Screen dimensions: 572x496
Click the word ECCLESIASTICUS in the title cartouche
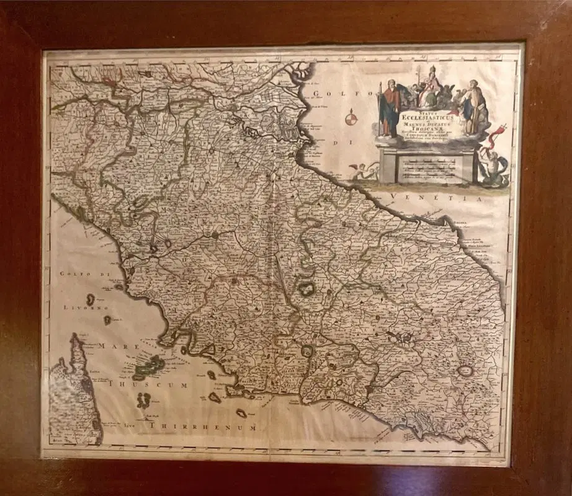tap(422, 115)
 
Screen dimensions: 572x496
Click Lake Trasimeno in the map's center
tap(306, 288)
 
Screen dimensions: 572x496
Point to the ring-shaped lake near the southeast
tap(465, 371)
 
